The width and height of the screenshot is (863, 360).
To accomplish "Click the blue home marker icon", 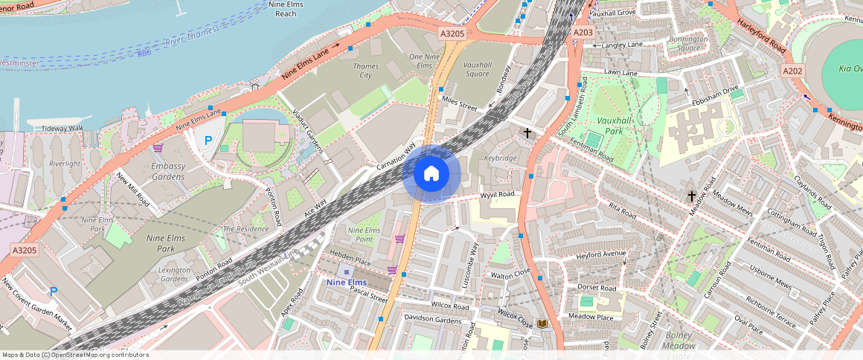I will tap(431, 174).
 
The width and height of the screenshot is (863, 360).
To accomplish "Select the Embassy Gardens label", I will tap(167, 171).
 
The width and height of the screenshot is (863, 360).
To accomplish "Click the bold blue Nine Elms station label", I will tap(346, 282).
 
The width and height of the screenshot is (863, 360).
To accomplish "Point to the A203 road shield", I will tap(583, 33).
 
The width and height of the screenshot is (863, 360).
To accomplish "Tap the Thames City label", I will tap(365, 71).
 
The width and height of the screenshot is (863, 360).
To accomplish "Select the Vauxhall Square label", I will tap(477, 69).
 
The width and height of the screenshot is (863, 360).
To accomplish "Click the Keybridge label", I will tap(500, 158).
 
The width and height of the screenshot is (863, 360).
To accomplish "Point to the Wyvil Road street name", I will tap(498, 195).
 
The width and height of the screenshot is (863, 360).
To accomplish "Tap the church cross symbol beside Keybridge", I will tap(527, 133).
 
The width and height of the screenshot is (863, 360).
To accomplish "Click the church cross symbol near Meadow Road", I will tap(692, 196).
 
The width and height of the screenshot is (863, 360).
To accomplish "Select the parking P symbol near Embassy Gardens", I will tap(208, 140).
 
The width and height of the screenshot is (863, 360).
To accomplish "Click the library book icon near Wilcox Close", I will tap(542, 324).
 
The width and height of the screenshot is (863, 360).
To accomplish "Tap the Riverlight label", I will tap(64, 163).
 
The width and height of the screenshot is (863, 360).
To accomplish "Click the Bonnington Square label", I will tap(688, 43).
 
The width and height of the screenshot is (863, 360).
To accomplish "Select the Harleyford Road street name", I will tap(762, 36).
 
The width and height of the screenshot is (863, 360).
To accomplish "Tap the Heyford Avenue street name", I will tap(601, 254).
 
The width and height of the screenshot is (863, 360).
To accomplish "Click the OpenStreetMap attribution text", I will tap(76, 355).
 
